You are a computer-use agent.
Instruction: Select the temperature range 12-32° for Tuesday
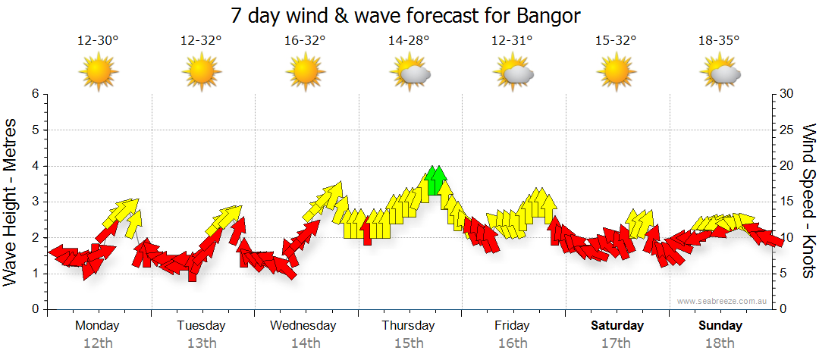pyautogui.click(x=201, y=41)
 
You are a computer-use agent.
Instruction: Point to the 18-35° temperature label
pyautogui.click(x=719, y=41)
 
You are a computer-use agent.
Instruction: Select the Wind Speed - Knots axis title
pyautogui.click(x=808, y=202)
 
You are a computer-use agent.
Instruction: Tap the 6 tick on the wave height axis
pyautogui.click(x=34, y=94)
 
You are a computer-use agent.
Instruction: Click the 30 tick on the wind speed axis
pyautogui.click(x=787, y=94)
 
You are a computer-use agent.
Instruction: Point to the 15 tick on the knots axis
pyautogui.click(x=786, y=202)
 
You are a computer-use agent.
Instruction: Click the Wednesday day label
pyautogui.click(x=303, y=326)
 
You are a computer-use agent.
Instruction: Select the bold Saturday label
pyautogui.click(x=617, y=326)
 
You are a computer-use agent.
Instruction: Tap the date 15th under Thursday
pyautogui.click(x=409, y=343)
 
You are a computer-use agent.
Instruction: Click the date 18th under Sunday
pyautogui.click(x=720, y=343)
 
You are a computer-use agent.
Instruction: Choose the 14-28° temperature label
pyautogui.click(x=409, y=41)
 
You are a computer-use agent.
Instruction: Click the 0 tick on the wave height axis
pyautogui.click(x=34, y=310)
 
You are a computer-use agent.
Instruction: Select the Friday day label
pyautogui.click(x=512, y=326)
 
